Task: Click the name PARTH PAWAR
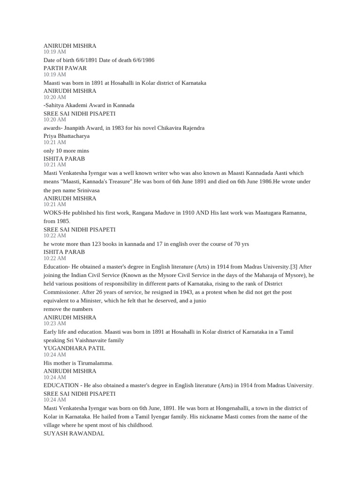click(x=65, y=68)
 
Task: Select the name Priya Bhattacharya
click(x=67, y=136)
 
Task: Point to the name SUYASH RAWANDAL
click(x=74, y=434)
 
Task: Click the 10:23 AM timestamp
click(x=55, y=323)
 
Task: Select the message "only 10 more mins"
click(x=66, y=150)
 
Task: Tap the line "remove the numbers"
click(x=68, y=309)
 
